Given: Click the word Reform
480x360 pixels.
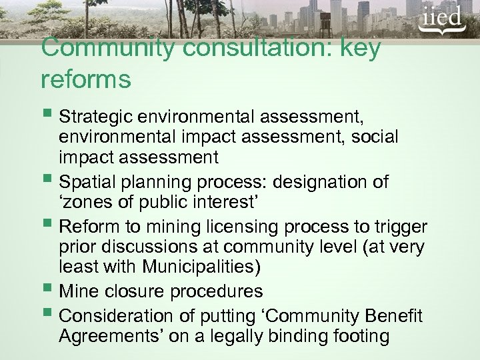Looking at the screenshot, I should point(86,225).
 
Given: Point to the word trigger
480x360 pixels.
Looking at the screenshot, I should point(395,225).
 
